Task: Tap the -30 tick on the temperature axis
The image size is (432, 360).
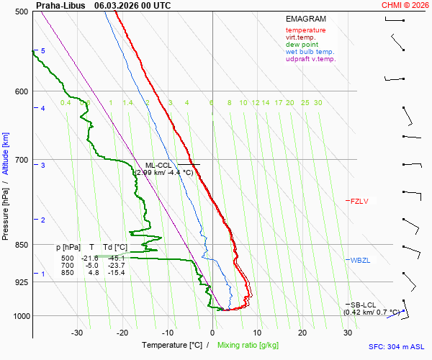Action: (77, 333)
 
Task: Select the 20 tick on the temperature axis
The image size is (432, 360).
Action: (302, 333)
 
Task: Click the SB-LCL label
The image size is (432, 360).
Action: (364, 305)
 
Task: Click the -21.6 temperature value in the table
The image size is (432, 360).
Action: (89, 258)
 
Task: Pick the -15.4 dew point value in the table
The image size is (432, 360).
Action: (117, 272)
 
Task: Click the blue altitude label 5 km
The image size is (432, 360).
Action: (42, 51)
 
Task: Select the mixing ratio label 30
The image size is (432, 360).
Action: (318, 103)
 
